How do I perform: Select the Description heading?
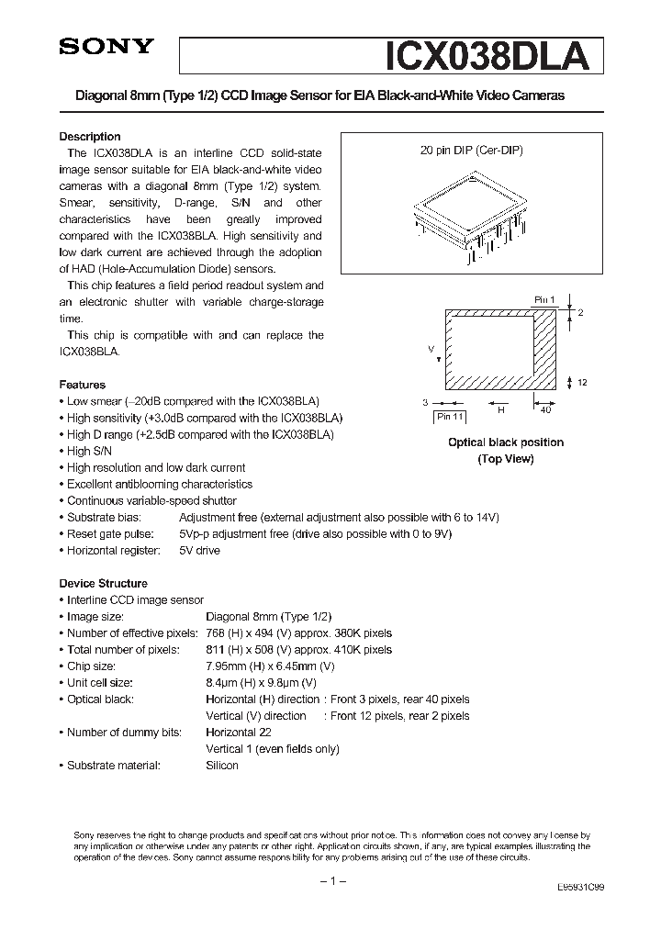90,137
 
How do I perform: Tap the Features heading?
83,385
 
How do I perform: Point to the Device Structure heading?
103,583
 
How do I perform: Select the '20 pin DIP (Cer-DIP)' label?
472,151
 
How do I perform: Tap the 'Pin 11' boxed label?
451,417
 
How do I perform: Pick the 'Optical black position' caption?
505,442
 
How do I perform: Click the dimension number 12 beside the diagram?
583,383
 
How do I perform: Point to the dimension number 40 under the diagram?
545,409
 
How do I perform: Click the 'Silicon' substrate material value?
222,765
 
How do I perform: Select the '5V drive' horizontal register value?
199,550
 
